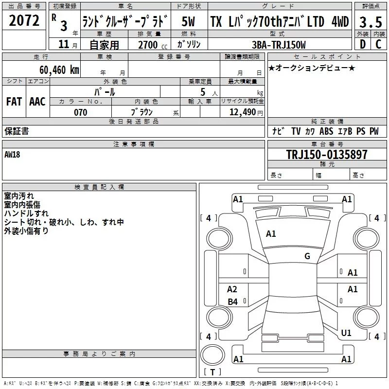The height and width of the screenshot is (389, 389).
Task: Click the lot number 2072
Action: point(24,21)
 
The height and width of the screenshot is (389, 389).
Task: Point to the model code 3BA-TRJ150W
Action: point(280,45)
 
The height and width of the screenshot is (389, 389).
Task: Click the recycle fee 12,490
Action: point(242,112)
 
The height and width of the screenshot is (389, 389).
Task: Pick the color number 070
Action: point(80,112)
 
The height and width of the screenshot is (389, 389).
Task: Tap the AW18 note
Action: point(13,155)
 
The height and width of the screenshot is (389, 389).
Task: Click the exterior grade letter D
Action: point(362,45)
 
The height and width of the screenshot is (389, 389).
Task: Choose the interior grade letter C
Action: point(378,45)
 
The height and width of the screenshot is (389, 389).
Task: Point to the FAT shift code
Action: point(14,101)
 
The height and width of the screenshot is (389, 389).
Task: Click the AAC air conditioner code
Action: point(37,101)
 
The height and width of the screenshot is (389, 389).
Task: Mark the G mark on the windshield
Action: point(307,256)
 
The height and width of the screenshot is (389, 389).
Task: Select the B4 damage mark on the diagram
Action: point(232,302)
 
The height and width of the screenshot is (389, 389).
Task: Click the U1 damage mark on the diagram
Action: point(346,333)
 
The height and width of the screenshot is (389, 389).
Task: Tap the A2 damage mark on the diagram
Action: point(232,289)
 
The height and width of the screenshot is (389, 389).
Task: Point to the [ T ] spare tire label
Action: point(212,372)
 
